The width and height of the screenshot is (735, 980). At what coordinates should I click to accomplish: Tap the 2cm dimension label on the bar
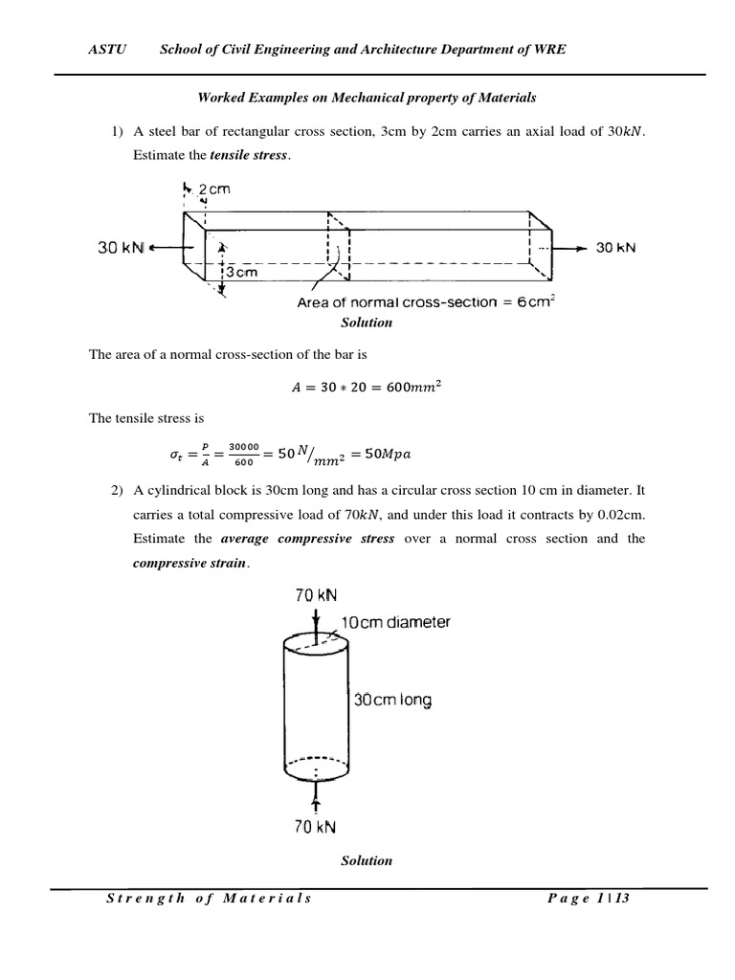pyautogui.click(x=214, y=190)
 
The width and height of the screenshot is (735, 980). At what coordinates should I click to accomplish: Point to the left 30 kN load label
pyautogui.click(x=121, y=247)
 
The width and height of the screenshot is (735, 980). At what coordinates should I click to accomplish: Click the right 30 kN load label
pyautogui.click(x=615, y=247)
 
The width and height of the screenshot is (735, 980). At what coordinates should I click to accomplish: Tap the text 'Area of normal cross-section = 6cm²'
pyautogui.click(x=427, y=302)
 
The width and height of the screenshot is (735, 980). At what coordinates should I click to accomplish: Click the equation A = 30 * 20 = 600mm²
pyautogui.click(x=367, y=387)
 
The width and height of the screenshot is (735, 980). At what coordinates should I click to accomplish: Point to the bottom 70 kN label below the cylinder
pyautogui.click(x=315, y=826)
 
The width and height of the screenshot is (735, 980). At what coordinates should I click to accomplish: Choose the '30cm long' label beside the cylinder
pyautogui.click(x=392, y=701)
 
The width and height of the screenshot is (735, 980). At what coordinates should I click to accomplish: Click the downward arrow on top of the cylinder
pyautogui.click(x=315, y=620)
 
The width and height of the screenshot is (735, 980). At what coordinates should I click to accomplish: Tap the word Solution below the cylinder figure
pyautogui.click(x=367, y=860)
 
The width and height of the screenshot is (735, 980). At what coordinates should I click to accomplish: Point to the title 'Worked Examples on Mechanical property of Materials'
pyautogui.click(x=367, y=98)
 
